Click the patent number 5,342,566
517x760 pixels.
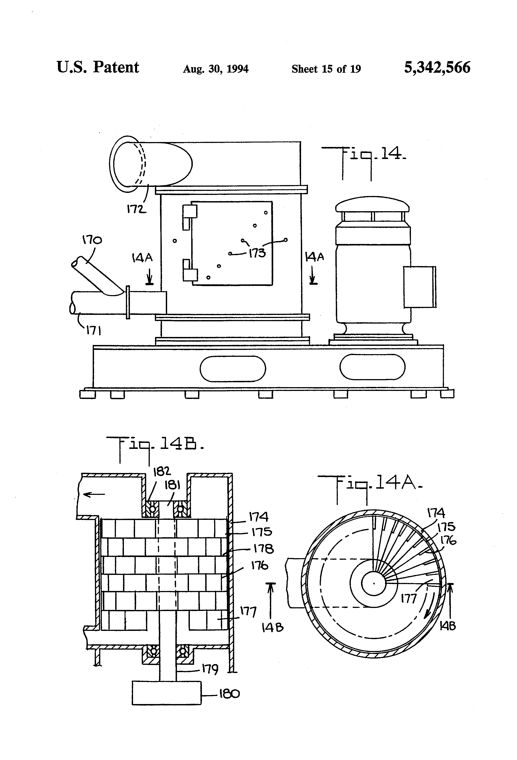point(437,68)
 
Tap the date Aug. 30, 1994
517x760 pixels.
point(216,69)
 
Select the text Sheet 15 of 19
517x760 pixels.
point(326,69)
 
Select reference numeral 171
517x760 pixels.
point(93,331)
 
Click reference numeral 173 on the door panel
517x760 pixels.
point(257,253)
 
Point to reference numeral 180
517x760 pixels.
point(229,693)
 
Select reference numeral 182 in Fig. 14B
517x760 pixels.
point(162,471)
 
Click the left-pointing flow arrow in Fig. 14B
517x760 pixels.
point(94,494)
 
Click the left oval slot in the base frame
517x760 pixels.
point(233,369)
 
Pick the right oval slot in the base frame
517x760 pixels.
point(372,367)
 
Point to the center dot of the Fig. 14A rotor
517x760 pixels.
point(374,583)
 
